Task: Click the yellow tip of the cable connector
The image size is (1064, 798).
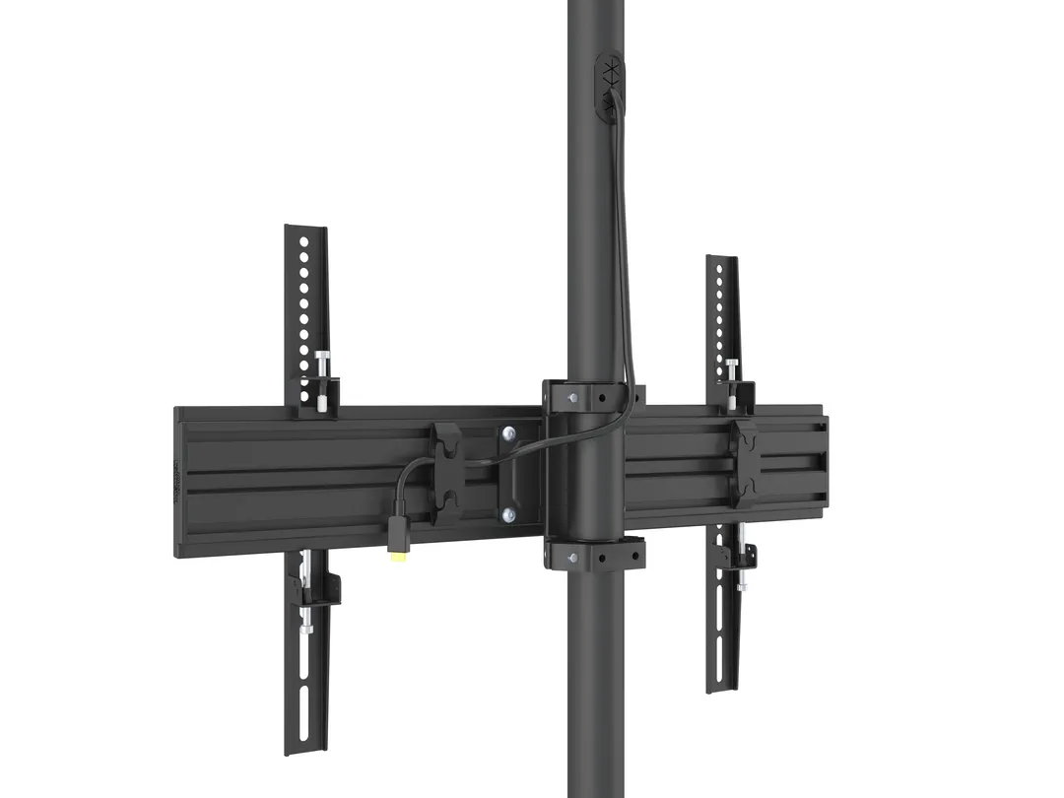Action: click(397, 557)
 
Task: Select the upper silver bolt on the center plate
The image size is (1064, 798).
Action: click(508, 432)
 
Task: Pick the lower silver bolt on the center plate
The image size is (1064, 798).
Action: click(508, 513)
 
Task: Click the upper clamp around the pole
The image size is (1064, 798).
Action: click(592, 395)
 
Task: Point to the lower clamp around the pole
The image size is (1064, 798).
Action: click(594, 554)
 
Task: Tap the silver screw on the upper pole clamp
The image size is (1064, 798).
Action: click(572, 397)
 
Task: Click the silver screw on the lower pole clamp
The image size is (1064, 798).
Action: click(572, 558)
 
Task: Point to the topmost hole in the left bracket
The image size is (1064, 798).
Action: click(304, 239)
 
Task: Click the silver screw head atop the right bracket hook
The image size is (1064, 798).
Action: click(732, 364)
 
